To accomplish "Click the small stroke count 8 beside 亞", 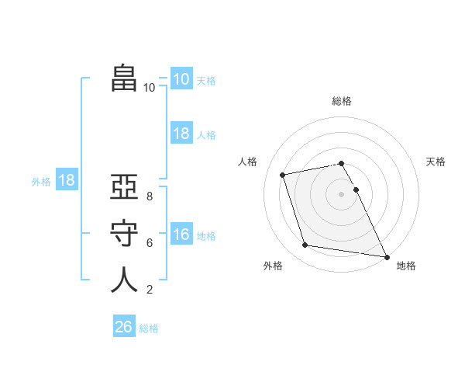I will tap(149, 196).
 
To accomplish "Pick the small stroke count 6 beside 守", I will tap(149, 242).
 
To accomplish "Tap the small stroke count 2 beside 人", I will tap(149, 290).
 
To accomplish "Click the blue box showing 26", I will tap(124, 327).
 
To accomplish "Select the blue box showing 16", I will tap(181, 234).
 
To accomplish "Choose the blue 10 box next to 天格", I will tap(181, 79).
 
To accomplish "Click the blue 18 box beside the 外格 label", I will tap(67, 181).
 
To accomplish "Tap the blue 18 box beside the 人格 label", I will tap(181, 134).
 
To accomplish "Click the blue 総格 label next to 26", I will tap(149, 328).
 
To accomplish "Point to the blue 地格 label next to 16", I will tap(206, 236).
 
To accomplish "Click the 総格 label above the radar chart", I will tap(342, 101).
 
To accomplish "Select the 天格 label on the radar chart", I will tap(436, 162).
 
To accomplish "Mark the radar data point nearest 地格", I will tap(386, 255).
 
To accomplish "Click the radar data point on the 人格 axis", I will tap(283, 175).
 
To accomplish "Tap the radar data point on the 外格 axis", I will tap(305, 245).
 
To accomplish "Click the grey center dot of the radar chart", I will tap(342, 194).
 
